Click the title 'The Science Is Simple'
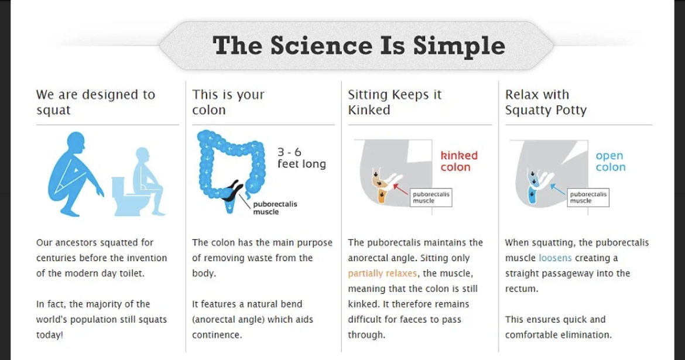coord(359,46)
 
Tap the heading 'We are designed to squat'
coord(95,102)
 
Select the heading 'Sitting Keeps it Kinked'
coord(395,102)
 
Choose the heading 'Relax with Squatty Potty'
coord(546,102)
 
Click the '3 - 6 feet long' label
coord(302,157)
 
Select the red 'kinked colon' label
coord(458,161)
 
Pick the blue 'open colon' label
coord(610,161)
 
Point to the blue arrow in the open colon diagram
coord(559,190)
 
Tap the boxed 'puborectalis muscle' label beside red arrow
coord(431,197)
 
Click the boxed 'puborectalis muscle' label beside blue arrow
coord(588,197)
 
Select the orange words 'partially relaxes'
coord(382,273)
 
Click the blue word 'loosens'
coord(555,258)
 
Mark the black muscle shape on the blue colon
coord(231,190)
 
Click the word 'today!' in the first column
coord(49,335)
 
